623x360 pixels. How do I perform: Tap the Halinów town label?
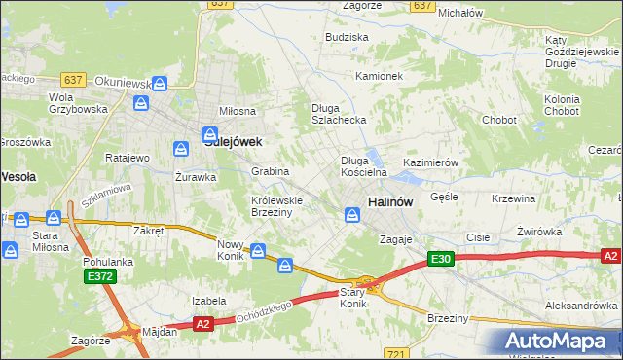tap(390, 201)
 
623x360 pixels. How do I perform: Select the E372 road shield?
tap(95, 277)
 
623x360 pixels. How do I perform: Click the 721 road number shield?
tap(395, 353)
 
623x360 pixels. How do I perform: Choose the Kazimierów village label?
tap(430, 162)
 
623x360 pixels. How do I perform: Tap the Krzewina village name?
tap(514, 198)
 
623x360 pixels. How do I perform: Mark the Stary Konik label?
tap(352, 298)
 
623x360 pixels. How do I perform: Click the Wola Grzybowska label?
tap(77, 103)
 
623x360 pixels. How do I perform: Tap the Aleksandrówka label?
tap(581, 305)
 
